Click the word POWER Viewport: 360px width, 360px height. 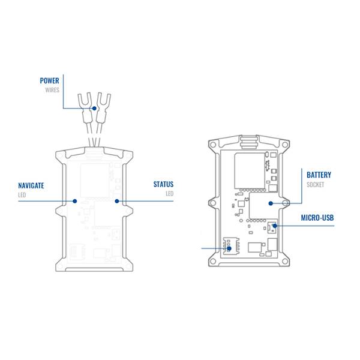[x=49, y=81]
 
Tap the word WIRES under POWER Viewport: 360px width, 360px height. [x=52, y=90]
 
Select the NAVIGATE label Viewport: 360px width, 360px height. [x=31, y=185]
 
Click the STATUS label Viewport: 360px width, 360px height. [x=163, y=184]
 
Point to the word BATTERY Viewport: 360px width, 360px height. [x=319, y=175]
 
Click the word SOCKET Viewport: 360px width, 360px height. [x=315, y=185]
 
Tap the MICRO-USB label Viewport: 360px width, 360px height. [x=317, y=218]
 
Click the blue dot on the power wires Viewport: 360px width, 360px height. [x=94, y=109]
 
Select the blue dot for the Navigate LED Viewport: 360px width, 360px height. [x=74, y=201]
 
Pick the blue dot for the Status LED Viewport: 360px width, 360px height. [x=117, y=201]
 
